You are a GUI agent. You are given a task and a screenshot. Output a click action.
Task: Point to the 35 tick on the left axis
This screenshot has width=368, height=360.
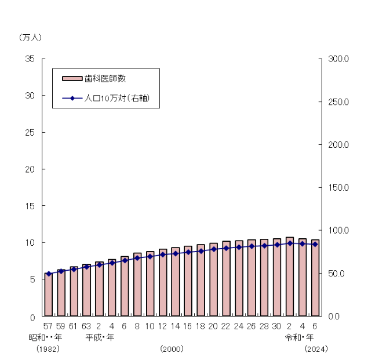click(x=30, y=59)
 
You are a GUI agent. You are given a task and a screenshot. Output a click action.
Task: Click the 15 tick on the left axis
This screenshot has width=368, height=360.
click(x=30, y=206)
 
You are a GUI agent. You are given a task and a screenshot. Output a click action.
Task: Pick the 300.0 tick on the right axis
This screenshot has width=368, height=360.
click(x=337, y=59)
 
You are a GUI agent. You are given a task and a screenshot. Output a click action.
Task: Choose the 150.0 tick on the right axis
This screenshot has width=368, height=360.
click(x=337, y=188)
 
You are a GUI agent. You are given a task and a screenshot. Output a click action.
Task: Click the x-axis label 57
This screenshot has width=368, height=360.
click(x=48, y=326)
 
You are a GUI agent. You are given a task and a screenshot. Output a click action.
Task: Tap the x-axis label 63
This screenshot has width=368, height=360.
click(x=86, y=326)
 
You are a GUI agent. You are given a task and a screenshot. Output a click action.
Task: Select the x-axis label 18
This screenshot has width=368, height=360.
click(x=201, y=326)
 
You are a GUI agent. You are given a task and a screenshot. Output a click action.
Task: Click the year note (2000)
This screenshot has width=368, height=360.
click(x=172, y=349)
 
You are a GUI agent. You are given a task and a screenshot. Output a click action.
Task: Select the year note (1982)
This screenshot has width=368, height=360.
click(x=48, y=349)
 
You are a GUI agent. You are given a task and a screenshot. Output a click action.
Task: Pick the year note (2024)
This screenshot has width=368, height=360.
click(x=316, y=349)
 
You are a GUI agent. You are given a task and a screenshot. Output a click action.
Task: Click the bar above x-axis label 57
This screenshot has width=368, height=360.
click(x=48, y=296)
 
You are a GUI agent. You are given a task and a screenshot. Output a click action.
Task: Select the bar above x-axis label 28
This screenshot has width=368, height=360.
click(x=264, y=278)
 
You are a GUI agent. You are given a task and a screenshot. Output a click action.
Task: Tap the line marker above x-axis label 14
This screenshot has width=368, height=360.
click(x=175, y=253)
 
